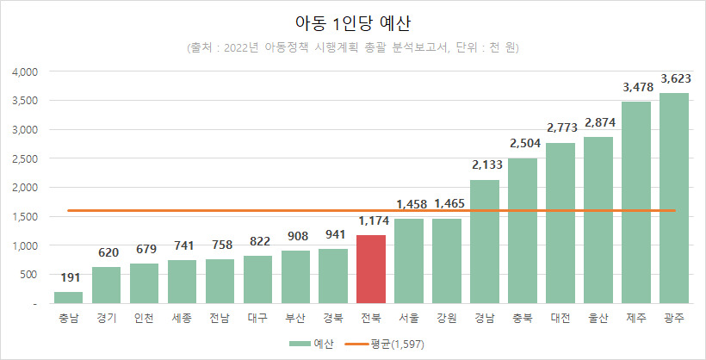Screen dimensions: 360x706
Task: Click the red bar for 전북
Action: (371, 269)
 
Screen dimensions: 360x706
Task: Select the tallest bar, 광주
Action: (674, 198)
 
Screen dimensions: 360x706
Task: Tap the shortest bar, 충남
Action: (68, 298)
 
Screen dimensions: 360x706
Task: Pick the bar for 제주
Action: (636, 202)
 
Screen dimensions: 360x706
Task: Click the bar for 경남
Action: (485, 241)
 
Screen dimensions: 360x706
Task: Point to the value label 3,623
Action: (674, 79)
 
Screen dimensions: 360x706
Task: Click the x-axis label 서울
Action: (409, 318)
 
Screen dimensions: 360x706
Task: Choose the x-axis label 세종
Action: (182, 318)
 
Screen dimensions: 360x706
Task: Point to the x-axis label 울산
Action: (598, 318)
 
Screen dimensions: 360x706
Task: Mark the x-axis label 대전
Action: (560, 318)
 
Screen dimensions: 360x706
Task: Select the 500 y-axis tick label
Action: (28, 275)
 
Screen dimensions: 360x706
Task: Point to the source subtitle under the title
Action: (353, 47)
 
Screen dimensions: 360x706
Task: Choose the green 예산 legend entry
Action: (311, 344)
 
